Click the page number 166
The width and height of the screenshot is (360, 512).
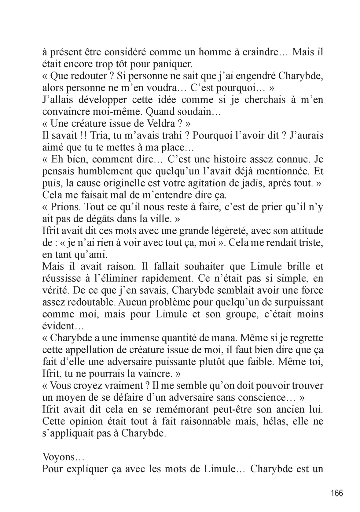point(337,493)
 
